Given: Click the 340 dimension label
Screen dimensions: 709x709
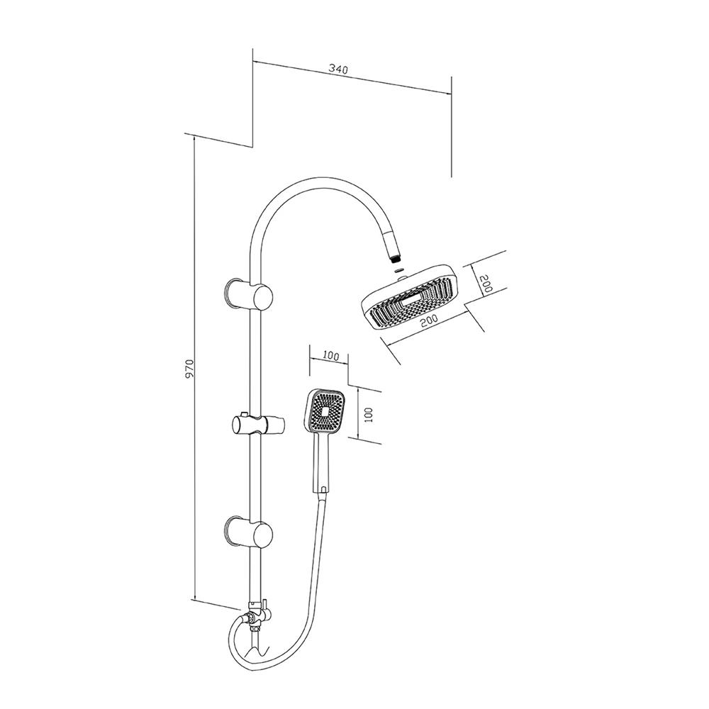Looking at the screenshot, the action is tap(338, 69).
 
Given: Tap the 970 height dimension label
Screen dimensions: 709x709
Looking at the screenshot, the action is tap(189, 369).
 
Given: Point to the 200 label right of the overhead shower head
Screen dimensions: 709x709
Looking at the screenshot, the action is tap(486, 286).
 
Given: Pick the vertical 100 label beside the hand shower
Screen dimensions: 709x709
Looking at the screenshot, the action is tap(368, 415).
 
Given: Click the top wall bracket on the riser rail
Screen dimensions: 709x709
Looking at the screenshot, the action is tap(249, 294).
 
